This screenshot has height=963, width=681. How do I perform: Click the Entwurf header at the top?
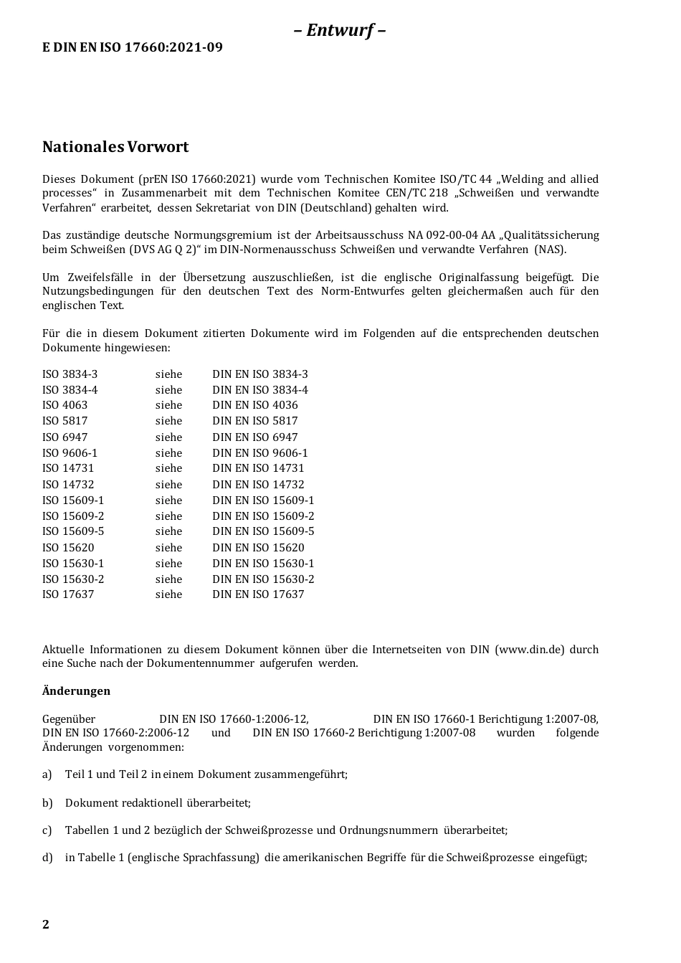[x=340, y=30]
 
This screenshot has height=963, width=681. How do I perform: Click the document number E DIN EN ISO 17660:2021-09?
[x=133, y=47]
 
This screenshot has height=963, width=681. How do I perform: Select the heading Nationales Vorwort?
[x=115, y=147]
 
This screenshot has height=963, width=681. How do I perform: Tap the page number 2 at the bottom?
[x=46, y=924]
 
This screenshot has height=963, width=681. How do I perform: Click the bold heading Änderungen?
[x=76, y=691]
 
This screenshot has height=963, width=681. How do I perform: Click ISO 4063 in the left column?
[x=65, y=405]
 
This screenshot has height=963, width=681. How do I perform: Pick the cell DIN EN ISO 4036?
[x=254, y=405]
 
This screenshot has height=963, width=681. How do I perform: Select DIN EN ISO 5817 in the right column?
[x=254, y=421]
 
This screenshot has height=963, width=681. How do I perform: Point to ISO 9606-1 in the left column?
[x=70, y=453]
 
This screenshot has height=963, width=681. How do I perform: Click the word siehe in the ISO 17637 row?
[x=168, y=594]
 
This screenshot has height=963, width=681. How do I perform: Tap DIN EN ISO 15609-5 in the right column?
[x=263, y=531]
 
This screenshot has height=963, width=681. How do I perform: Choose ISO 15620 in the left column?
[x=68, y=548]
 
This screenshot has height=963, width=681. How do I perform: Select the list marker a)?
[x=47, y=774]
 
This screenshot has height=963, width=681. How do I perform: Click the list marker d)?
[x=47, y=858]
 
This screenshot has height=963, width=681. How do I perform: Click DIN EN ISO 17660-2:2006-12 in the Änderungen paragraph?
[x=115, y=733]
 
